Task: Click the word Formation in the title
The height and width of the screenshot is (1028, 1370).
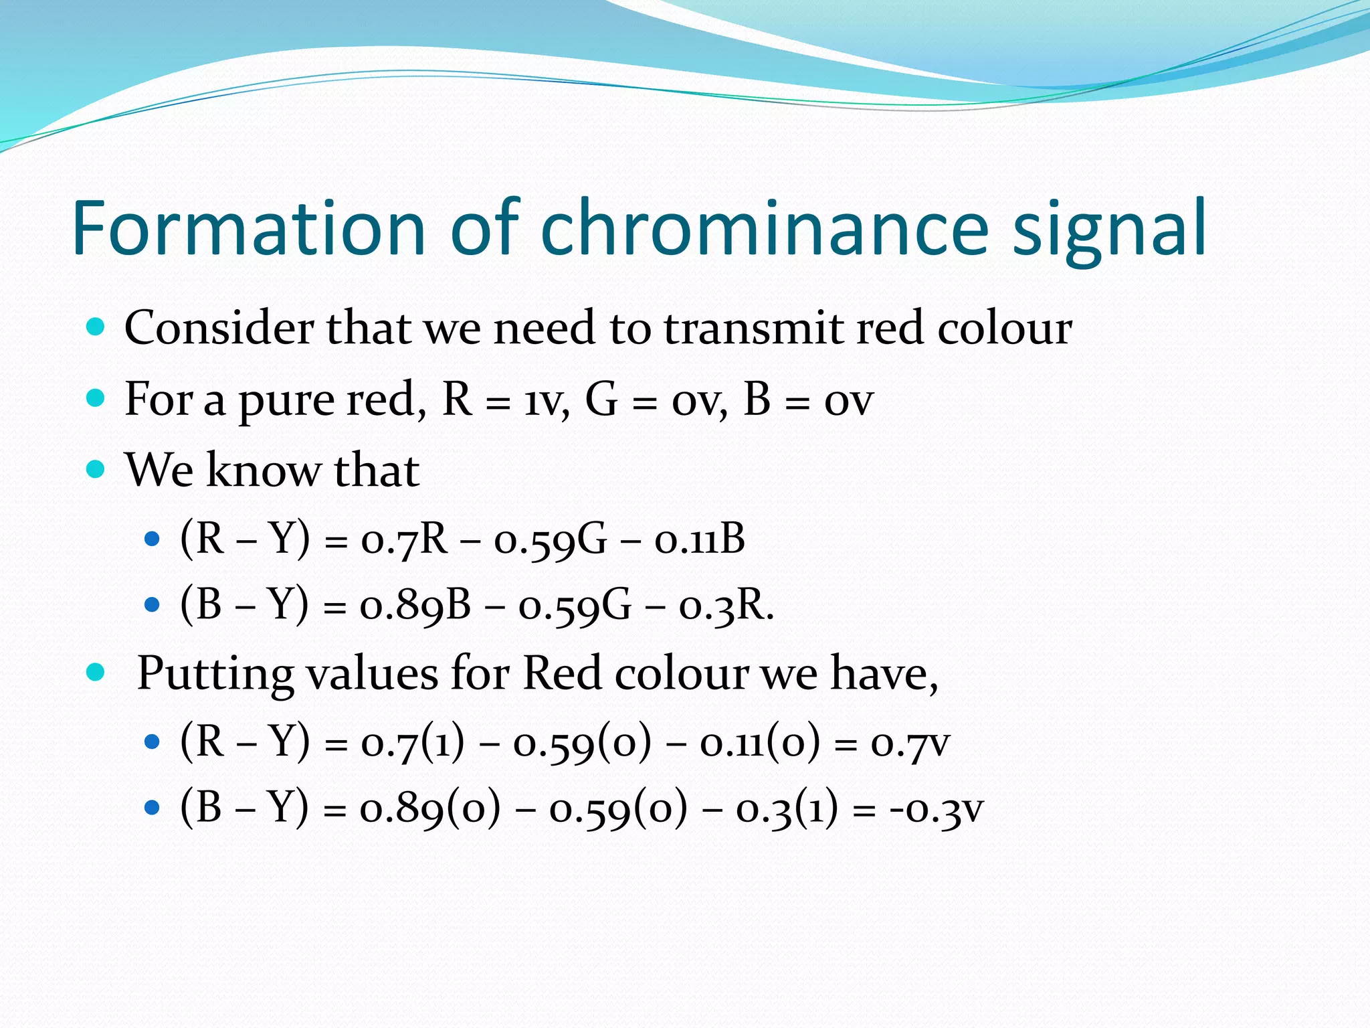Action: (248, 229)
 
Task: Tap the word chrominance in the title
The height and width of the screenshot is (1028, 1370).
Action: (764, 229)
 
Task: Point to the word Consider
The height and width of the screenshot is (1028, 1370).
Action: (219, 329)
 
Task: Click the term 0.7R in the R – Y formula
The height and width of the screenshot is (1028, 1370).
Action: (404, 539)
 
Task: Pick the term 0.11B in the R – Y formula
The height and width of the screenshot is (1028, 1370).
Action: (699, 539)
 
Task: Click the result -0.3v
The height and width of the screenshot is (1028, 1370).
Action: (936, 809)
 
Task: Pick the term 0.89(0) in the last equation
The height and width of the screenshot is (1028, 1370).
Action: (429, 809)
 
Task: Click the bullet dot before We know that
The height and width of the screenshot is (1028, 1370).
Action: (96, 469)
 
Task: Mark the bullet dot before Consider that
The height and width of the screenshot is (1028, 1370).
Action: (96, 327)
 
